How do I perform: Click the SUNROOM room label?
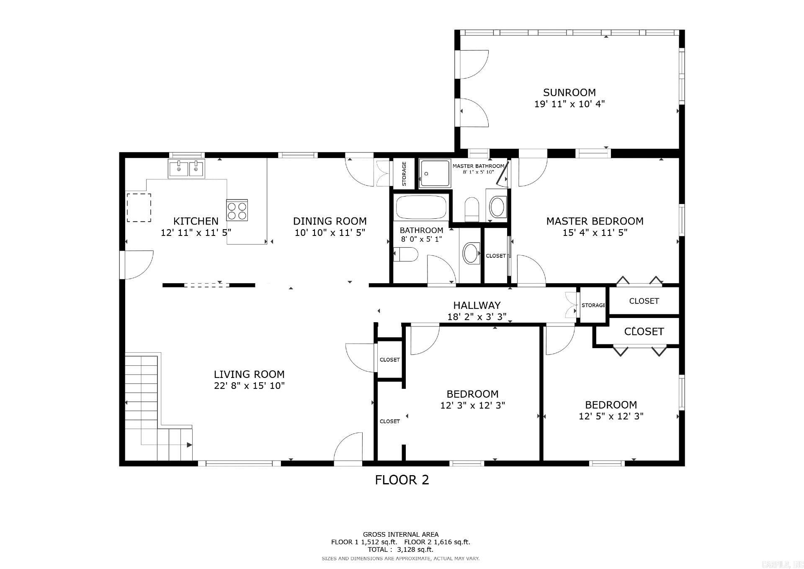click(569, 93)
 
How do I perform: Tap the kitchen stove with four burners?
click(237, 210)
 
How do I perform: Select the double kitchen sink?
click(186, 169)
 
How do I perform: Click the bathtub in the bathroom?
click(421, 207)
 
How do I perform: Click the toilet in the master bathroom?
click(472, 209)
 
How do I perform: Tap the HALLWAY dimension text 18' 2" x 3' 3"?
click(477, 317)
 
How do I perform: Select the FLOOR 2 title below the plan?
click(402, 480)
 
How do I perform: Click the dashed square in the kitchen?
click(139, 208)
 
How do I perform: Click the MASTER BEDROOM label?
click(595, 221)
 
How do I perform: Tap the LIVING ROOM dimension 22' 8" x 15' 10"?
click(249, 385)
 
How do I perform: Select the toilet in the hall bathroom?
click(406, 254)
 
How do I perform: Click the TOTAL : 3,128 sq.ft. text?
click(400, 549)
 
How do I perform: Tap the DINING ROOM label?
click(330, 221)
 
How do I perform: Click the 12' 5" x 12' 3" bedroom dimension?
click(611, 416)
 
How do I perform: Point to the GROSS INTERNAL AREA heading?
click(400, 534)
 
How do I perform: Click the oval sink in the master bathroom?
click(498, 207)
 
